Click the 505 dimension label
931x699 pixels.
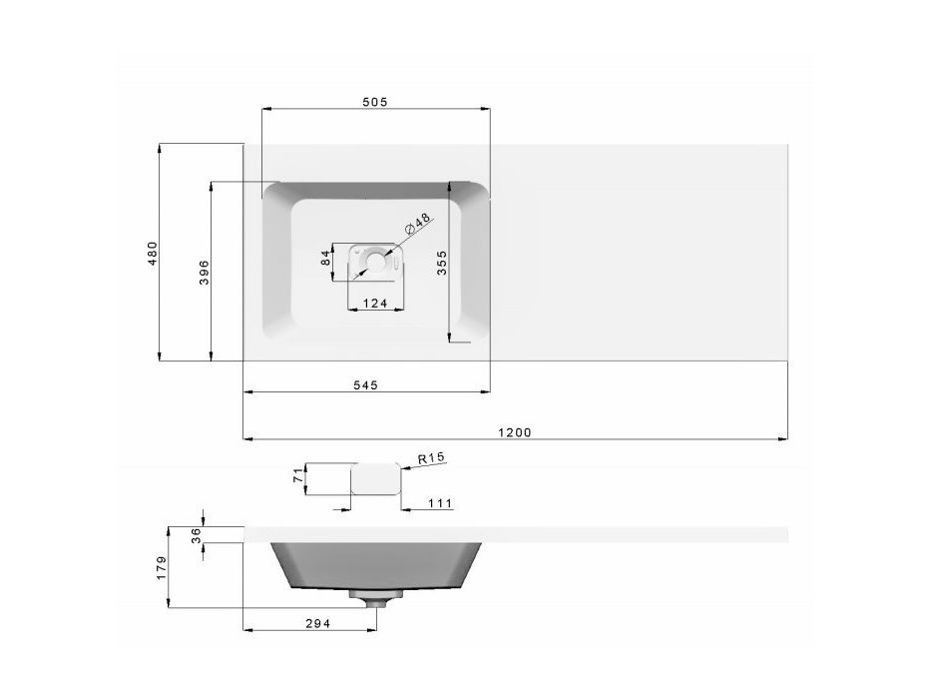374,102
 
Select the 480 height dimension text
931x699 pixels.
153,253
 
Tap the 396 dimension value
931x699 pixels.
205,273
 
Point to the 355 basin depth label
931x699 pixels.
442,263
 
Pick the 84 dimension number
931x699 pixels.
325,258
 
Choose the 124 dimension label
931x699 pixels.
375,304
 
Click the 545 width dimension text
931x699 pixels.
366,385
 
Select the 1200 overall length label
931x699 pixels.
515,432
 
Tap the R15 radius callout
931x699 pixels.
432,458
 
